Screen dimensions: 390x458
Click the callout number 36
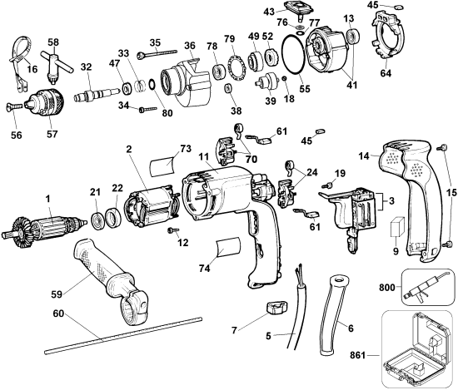190,46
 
